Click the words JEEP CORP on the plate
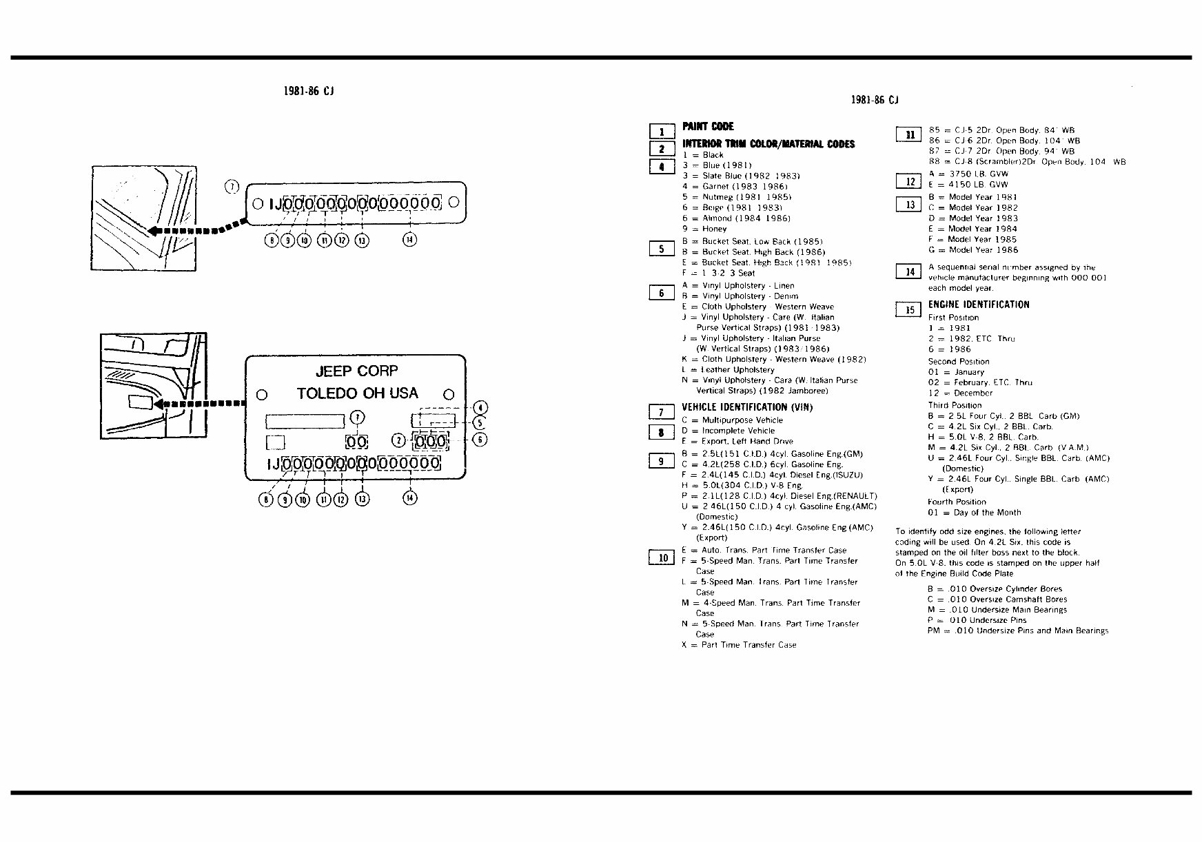click(356, 371)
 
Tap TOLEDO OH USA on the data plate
click(357, 393)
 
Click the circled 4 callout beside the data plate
click(480, 407)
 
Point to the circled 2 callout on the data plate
click(398, 440)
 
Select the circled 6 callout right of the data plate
click(480, 440)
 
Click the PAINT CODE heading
click(708, 127)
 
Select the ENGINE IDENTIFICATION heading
click(979, 305)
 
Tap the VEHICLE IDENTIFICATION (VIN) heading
click(747, 407)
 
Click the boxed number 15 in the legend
click(909, 310)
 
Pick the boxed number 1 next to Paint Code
click(662, 132)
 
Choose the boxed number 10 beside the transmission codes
click(662, 557)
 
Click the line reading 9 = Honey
click(704, 229)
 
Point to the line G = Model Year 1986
click(972, 250)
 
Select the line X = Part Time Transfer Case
click(739, 645)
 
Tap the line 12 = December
click(960, 393)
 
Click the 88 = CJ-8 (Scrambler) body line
click(1027, 162)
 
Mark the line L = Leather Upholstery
click(728, 370)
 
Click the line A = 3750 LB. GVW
click(968, 174)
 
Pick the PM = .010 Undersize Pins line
click(1017, 630)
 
